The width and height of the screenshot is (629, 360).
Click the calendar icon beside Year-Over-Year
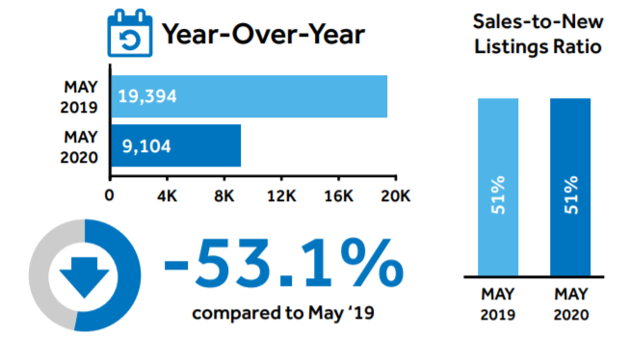pos(130,33)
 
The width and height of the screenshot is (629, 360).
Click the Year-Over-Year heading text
pos(263,34)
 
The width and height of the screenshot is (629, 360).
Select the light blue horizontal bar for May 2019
pos(249,96)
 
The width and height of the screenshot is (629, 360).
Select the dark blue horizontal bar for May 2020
pos(176,145)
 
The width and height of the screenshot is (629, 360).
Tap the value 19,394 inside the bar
pos(147,96)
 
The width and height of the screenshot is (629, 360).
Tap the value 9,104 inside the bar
pos(146,146)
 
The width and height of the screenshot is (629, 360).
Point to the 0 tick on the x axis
pos(109,195)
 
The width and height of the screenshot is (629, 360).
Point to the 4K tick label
pos(167,196)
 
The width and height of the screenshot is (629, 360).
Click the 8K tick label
pos(223,196)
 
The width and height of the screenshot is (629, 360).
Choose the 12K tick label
pos(281,196)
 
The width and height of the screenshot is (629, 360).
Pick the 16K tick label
pos(339,196)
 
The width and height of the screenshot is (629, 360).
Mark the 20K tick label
pos(396,196)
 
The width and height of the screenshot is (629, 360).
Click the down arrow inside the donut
pos(84,277)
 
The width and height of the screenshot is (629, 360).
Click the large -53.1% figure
pos(283,263)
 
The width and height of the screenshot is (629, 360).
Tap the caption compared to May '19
pos(283,313)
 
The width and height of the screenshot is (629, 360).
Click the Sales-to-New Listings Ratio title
pos(537,34)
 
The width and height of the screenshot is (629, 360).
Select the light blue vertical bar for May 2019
pos(498,187)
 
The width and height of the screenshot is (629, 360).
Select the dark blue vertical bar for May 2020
pos(570,187)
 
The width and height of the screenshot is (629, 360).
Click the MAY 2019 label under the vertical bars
pos(498,304)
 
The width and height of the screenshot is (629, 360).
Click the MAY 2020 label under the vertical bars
pos(571,304)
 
